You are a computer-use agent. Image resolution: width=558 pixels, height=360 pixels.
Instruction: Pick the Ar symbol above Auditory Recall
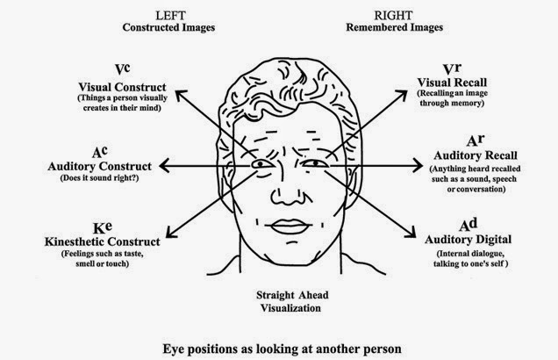[x=453, y=140]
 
